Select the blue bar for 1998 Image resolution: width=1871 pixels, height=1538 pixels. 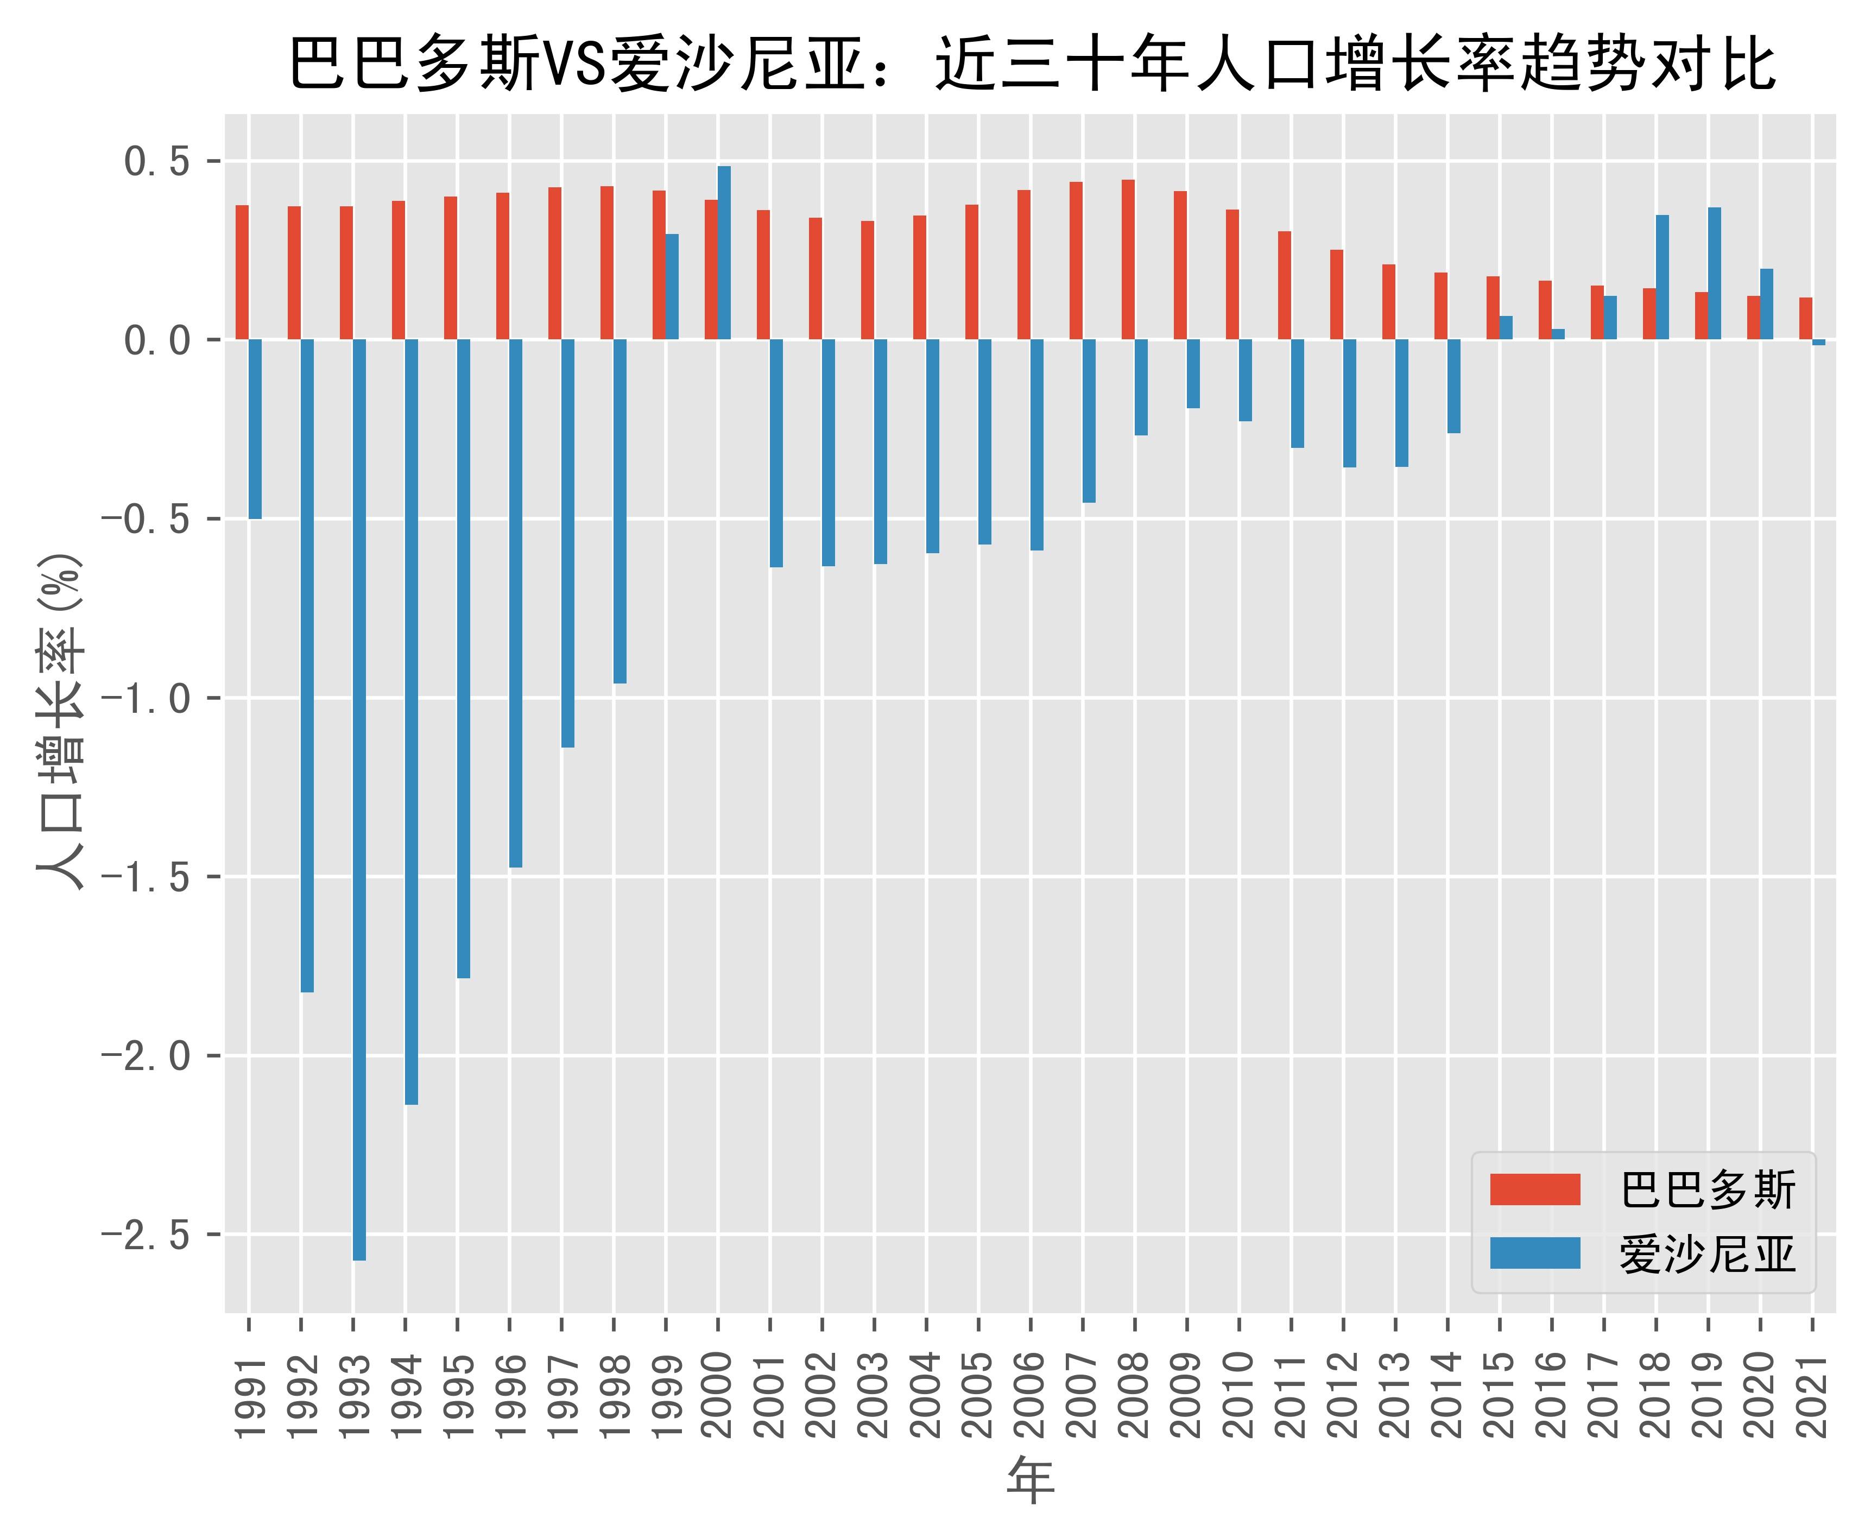620,511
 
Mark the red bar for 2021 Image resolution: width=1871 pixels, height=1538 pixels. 1805,319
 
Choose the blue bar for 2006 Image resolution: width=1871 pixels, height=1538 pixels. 1036,445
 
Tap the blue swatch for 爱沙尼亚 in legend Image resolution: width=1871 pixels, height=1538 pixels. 1534,1253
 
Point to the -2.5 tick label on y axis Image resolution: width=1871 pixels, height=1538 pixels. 146,1234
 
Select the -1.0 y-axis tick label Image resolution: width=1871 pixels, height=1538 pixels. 146,698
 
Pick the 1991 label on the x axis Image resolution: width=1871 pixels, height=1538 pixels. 250,1395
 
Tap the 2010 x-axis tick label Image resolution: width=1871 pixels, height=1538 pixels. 1240,1395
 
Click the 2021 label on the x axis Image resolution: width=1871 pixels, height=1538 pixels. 1812,1395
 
